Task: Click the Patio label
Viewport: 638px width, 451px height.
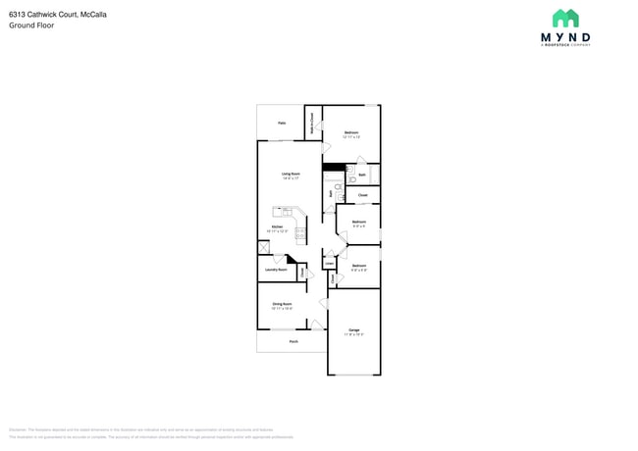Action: click(x=282, y=123)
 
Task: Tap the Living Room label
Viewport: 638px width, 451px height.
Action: click(x=292, y=174)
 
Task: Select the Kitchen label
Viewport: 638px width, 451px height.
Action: click(x=278, y=227)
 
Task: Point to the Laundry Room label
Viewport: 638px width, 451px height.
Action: click(x=276, y=269)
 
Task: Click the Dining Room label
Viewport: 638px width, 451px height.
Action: click(x=282, y=304)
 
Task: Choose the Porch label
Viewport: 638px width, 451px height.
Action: click(x=293, y=341)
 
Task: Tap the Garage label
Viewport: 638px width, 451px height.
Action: click(x=353, y=330)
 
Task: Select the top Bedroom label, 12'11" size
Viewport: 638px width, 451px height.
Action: click(x=351, y=132)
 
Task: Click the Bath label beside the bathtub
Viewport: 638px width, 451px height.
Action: click(x=362, y=175)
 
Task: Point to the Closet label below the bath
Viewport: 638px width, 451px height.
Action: click(x=362, y=195)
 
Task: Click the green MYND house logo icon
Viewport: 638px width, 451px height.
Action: click(x=565, y=18)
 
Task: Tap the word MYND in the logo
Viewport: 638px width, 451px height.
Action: click(x=565, y=36)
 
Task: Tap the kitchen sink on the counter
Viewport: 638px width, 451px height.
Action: click(x=288, y=210)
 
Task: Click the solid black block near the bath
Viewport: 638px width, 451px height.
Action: click(x=334, y=166)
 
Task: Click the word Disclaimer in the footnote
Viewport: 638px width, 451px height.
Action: click(x=18, y=429)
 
